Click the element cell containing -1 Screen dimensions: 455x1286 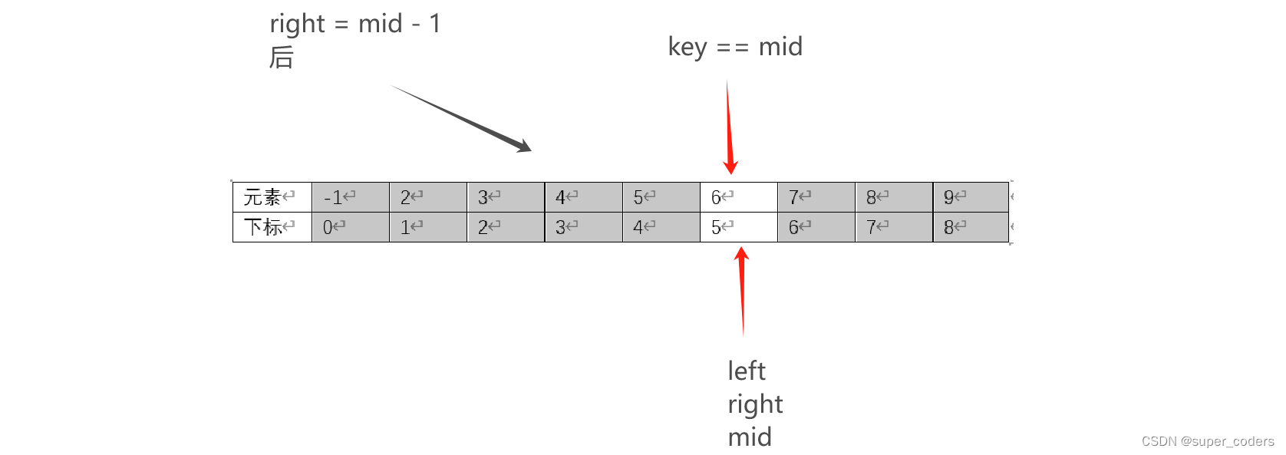[x=350, y=197]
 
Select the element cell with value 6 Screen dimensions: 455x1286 [x=738, y=197]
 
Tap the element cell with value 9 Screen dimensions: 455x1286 [x=971, y=197]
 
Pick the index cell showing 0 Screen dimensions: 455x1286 [x=350, y=227]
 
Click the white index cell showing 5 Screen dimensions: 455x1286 [x=738, y=227]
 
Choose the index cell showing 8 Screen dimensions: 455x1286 [x=971, y=227]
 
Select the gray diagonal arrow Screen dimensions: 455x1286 [x=460, y=118]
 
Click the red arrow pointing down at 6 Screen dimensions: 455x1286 [x=729, y=127]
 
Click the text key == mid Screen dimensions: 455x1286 [x=735, y=48]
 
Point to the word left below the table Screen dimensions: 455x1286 [x=747, y=371]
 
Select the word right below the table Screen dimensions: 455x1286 [x=755, y=404]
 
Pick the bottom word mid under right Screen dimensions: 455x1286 [x=750, y=437]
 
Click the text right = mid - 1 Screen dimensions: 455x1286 [x=355, y=25]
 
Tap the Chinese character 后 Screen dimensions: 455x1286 [x=282, y=58]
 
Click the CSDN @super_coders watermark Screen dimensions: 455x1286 [x=1207, y=441]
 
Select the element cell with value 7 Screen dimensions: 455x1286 [x=816, y=197]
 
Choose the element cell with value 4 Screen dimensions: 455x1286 [x=583, y=197]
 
